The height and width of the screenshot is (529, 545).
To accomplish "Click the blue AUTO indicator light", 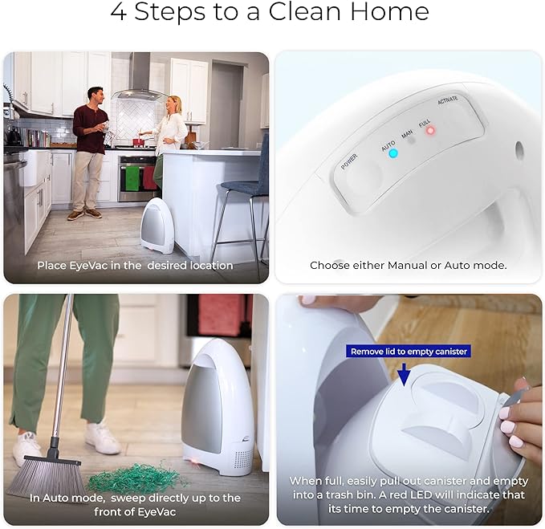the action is [393, 153].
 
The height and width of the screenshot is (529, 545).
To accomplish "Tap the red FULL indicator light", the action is [431, 131].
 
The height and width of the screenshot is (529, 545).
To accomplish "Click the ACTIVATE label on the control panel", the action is [448, 100].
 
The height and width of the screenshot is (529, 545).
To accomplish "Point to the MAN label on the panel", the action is [407, 134].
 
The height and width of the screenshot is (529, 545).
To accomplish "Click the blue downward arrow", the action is [404, 374].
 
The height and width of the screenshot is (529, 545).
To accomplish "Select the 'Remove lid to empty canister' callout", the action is [409, 352].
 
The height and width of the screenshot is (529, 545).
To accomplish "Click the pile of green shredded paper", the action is [136, 477].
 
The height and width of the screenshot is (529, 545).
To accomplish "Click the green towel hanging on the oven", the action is [132, 178].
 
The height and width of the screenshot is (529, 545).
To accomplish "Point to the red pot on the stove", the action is [139, 143].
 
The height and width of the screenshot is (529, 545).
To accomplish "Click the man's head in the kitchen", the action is [96, 96].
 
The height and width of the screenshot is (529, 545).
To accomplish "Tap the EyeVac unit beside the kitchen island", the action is [157, 226].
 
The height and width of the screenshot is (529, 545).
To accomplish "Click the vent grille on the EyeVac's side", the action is [242, 459].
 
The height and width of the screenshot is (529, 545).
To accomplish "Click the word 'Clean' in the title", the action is [304, 12].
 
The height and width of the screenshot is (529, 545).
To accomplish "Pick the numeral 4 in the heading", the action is [118, 12].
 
